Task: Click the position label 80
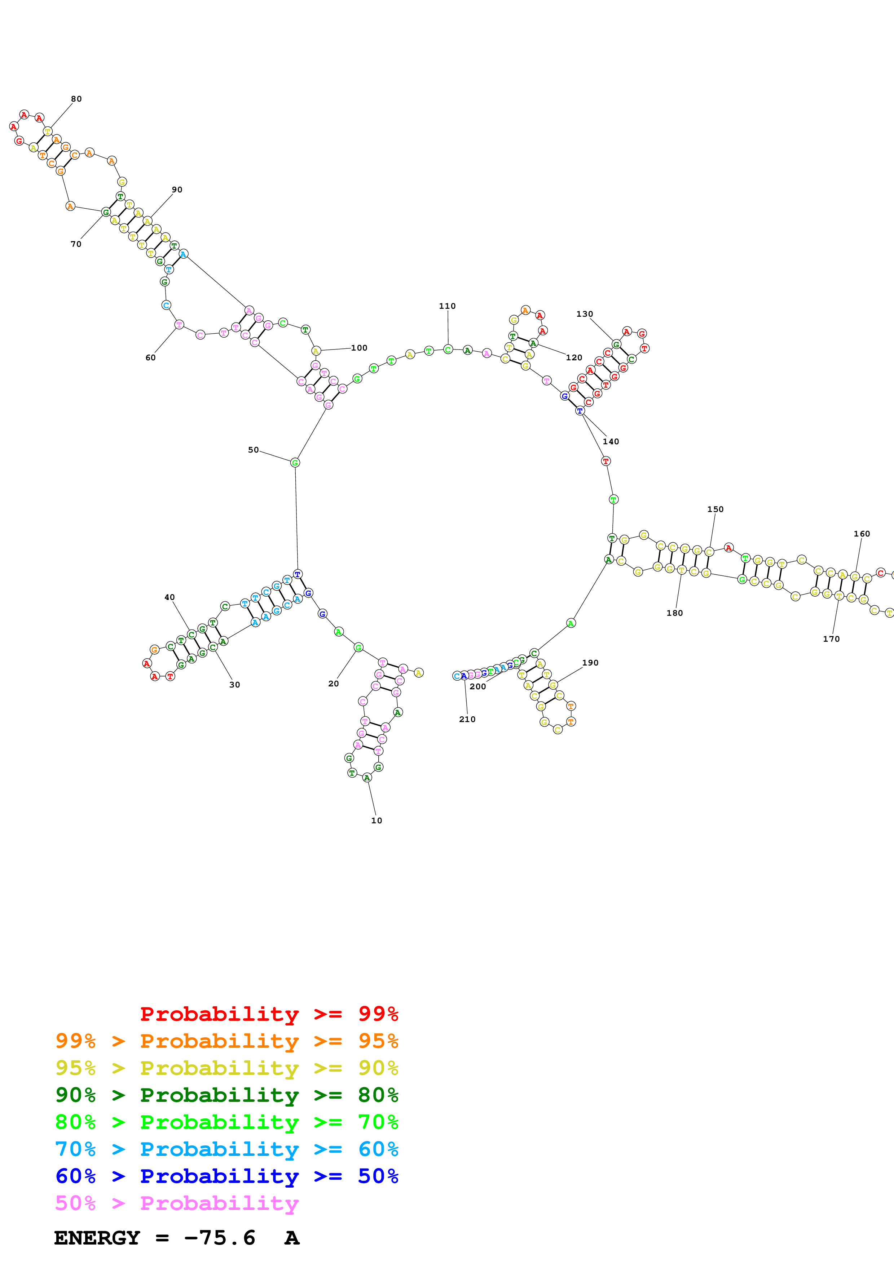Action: (76, 99)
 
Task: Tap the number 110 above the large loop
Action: (447, 306)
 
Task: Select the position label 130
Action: (585, 314)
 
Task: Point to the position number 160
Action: (862, 534)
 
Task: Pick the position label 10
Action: (376, 820)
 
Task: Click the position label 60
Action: (150, 357)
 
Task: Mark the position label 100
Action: (359, 348)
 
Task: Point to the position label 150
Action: (715, 509)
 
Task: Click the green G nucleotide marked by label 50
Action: (295, 462)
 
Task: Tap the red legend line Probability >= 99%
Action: (269, 1014)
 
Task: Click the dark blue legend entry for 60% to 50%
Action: (226, 1176)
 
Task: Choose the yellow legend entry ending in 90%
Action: (226, 1068)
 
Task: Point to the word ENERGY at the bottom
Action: (97, 1238)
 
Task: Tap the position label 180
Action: (674, 613)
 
